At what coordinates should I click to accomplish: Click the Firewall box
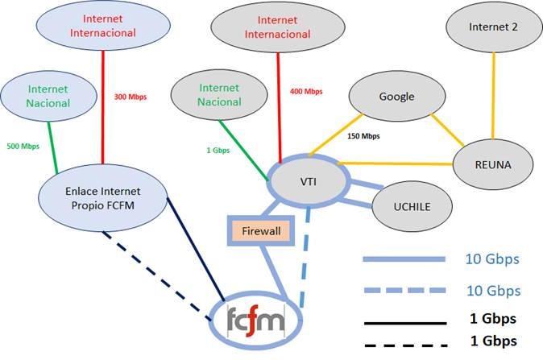(261, 231)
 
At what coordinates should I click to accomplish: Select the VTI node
(308, 182)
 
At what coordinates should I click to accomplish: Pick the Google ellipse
(396, 97)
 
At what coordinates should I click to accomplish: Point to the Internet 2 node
(493, 27)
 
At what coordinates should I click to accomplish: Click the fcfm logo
(255, 321)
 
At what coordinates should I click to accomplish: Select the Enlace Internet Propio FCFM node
(102, 198)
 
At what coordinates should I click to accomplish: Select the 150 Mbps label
(363, 136)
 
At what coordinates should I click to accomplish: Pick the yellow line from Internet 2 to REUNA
(493, 97)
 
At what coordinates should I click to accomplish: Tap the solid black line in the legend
(404, 322)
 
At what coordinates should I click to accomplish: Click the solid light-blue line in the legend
(404, 260)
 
